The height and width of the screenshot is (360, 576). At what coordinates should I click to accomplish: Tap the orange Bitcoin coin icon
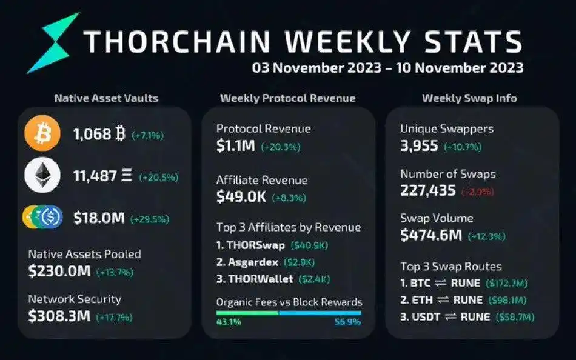pos(41,134)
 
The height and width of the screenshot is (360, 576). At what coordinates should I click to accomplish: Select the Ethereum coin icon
pos(41,177)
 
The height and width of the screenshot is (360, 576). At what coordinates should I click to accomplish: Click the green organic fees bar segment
pos(247,313)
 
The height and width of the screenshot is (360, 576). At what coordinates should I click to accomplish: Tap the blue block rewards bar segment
pos(320,313)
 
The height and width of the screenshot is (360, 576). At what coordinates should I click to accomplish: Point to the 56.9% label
pos(347,322)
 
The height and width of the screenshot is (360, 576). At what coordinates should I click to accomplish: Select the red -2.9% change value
pos(478,192)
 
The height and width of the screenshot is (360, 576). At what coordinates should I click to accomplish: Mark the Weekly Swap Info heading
pos(469,98)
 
